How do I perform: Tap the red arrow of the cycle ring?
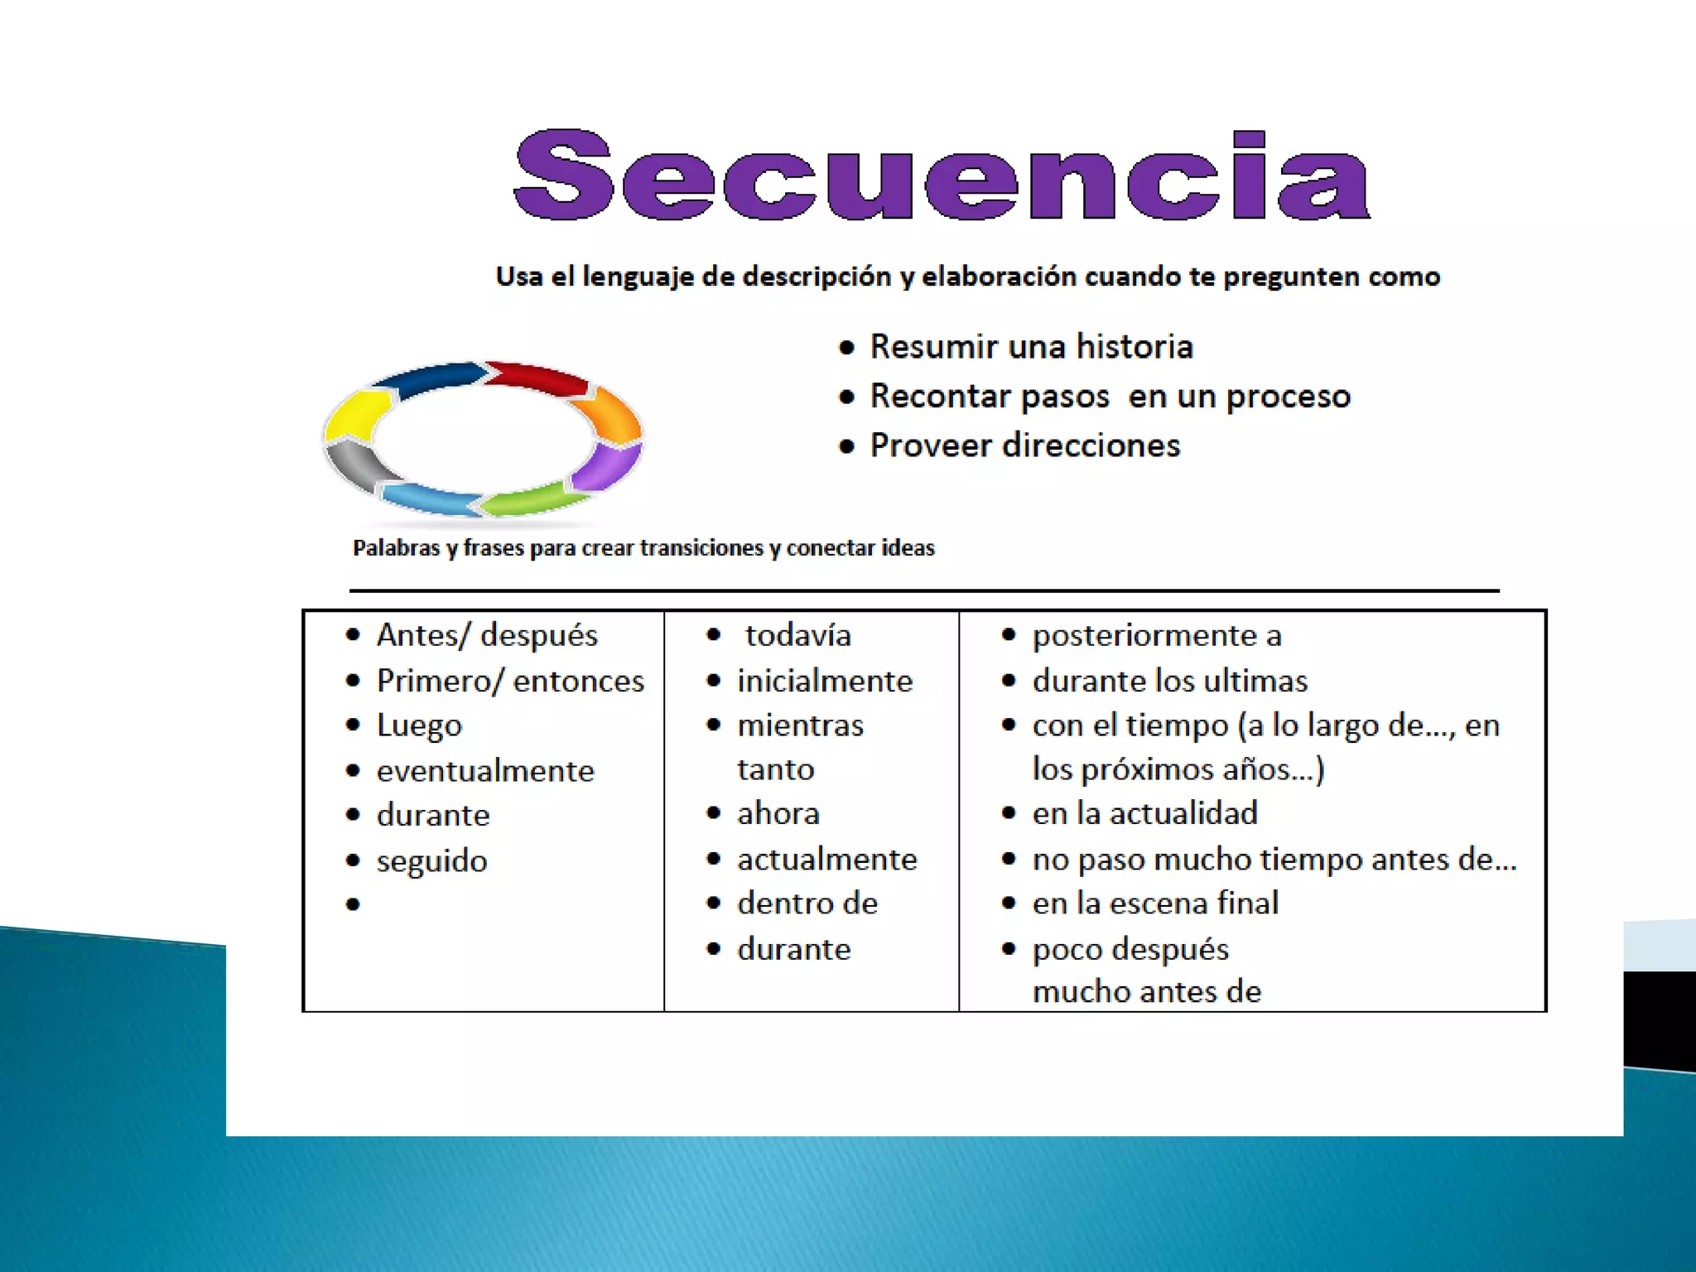point(538,376)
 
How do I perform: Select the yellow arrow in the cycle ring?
point(356,415)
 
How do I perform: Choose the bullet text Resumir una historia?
point(1031,346)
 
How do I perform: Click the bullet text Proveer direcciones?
point(1024,446)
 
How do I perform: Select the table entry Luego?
point(419,725)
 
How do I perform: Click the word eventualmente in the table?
point(485,771)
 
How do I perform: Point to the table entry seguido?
point(431,861)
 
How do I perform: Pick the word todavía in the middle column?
point(797,635)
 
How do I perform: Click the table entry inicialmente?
point(825,681)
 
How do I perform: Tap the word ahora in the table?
point(778,813)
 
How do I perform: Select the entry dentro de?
point(807,903)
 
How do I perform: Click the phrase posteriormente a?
point(1157,635)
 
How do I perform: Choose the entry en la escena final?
point(1155,903)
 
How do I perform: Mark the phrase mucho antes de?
point(1147,991)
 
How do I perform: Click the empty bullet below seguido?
point(354,904)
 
